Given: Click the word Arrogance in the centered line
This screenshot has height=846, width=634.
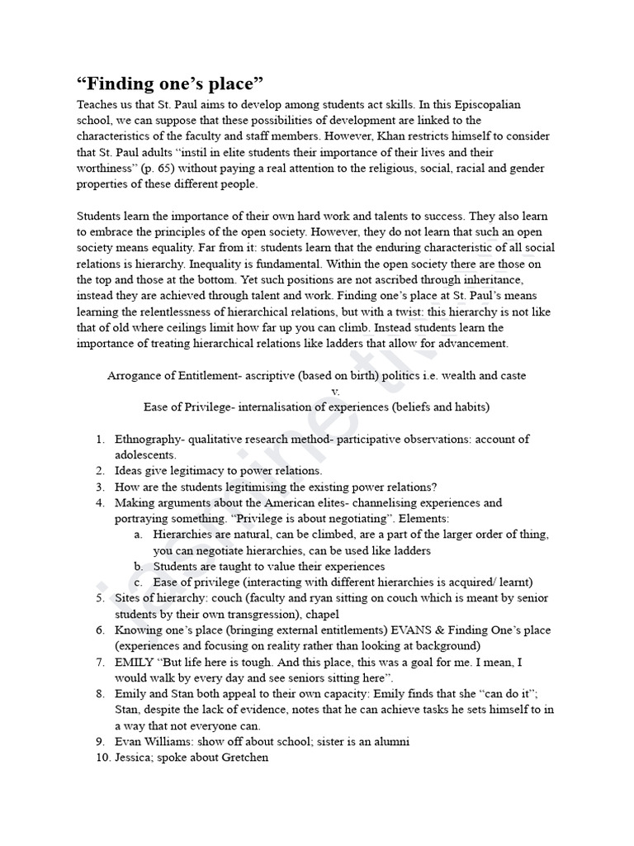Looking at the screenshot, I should click(135, 376).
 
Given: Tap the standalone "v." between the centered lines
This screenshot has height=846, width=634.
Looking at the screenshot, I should click(335, 391).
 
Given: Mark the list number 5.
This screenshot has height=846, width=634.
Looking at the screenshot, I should click(99, 597).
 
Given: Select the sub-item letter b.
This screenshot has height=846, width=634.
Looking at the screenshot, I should click(138, 566).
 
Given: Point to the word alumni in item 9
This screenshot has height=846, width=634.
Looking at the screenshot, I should click(390, 741).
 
